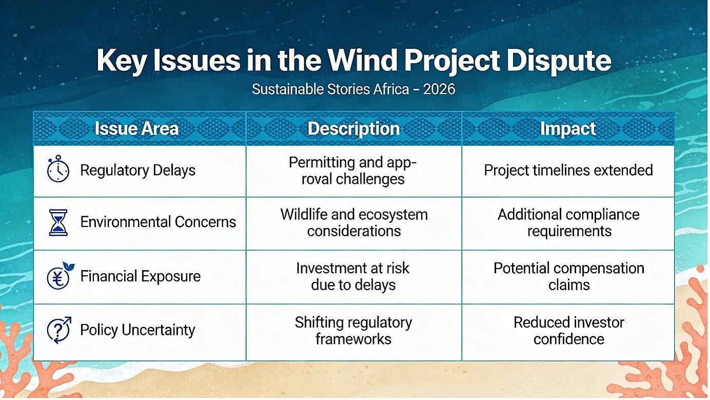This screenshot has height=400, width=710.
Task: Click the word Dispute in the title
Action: pos(559,61)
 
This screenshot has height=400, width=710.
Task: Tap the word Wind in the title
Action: pos(362,60)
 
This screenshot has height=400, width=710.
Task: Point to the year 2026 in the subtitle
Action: pos(439,89)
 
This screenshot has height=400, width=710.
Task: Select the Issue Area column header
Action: pos(136,128)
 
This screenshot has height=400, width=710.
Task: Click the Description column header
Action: pos(354,129)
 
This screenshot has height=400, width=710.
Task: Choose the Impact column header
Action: pos(568,129)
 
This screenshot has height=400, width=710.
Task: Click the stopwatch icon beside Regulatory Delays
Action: pos(58,169)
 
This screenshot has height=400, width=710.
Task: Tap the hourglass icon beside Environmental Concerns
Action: pos(58,222)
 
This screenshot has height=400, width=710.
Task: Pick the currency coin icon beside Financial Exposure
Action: pos(60,276)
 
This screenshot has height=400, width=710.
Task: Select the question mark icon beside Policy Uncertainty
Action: pos(59,330)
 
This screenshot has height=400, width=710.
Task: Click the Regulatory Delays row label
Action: pos(138,170)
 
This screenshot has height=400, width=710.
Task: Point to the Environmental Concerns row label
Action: pos(158,222)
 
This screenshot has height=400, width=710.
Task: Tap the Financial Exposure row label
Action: pos(141,276)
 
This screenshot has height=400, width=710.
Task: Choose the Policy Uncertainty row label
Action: pos(137,330)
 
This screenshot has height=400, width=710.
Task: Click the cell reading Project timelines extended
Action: pos(568,170)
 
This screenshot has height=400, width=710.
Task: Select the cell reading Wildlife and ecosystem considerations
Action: pos(354,223)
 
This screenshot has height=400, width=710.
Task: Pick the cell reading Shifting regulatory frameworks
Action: pos(353,331)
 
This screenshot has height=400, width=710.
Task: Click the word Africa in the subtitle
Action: pos(391,89)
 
